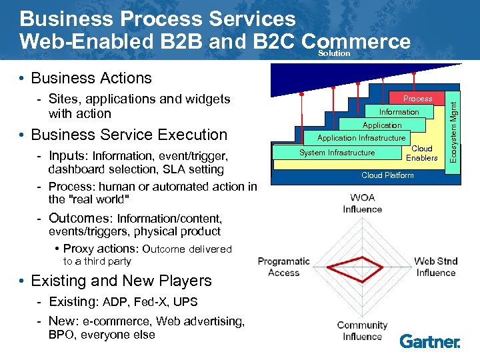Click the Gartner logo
tap(430, 341)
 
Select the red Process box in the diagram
tap(417, 99)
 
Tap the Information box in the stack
tap(399, 112)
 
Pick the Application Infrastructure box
tap(361, 138)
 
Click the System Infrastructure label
tap(337, 153)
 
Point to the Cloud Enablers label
tap(421, 153)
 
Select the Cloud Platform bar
tap(387, 175)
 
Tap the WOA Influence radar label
tap(363, 203)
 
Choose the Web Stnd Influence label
tap(435, 267)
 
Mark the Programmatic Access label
tap(284, 267)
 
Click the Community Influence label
tap(362, 331)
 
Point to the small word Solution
tap(334, 53)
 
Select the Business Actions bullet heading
tap(91, 78)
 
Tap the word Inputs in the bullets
tap(68, 156)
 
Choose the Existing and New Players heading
tap(121, 281)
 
